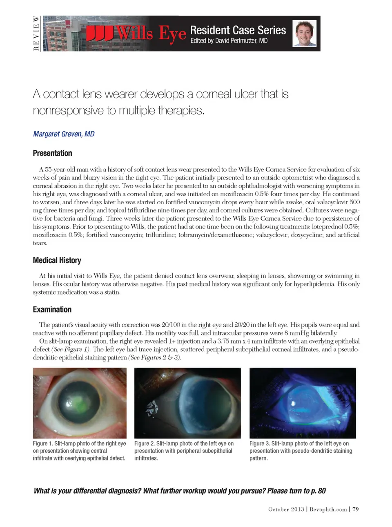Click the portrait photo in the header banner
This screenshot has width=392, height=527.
tap(304, 33)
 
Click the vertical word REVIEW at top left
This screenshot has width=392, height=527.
tap(36, 33)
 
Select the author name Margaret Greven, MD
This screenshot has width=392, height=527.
tap(64, 134)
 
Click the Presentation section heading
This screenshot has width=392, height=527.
tap(52, 153)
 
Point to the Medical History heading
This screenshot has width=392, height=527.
tap(57, 260)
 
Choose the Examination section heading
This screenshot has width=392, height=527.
tap(52, 309)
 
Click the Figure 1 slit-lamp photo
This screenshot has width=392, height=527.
tap(80, 403)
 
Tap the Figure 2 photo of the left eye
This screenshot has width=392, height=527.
tap(187, 403)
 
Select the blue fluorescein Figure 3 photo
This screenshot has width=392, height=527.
tap(303, 403)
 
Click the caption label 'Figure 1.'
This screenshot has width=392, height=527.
tap(43, 444)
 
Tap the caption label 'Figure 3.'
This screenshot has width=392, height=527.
tap(259, 444)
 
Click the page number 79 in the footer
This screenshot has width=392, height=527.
tap(356, 509)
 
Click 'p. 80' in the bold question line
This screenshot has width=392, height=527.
tap(318, 491)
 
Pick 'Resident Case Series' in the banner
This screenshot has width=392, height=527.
tap(238, 30)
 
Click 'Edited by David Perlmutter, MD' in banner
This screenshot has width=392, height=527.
tap(229, 41)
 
